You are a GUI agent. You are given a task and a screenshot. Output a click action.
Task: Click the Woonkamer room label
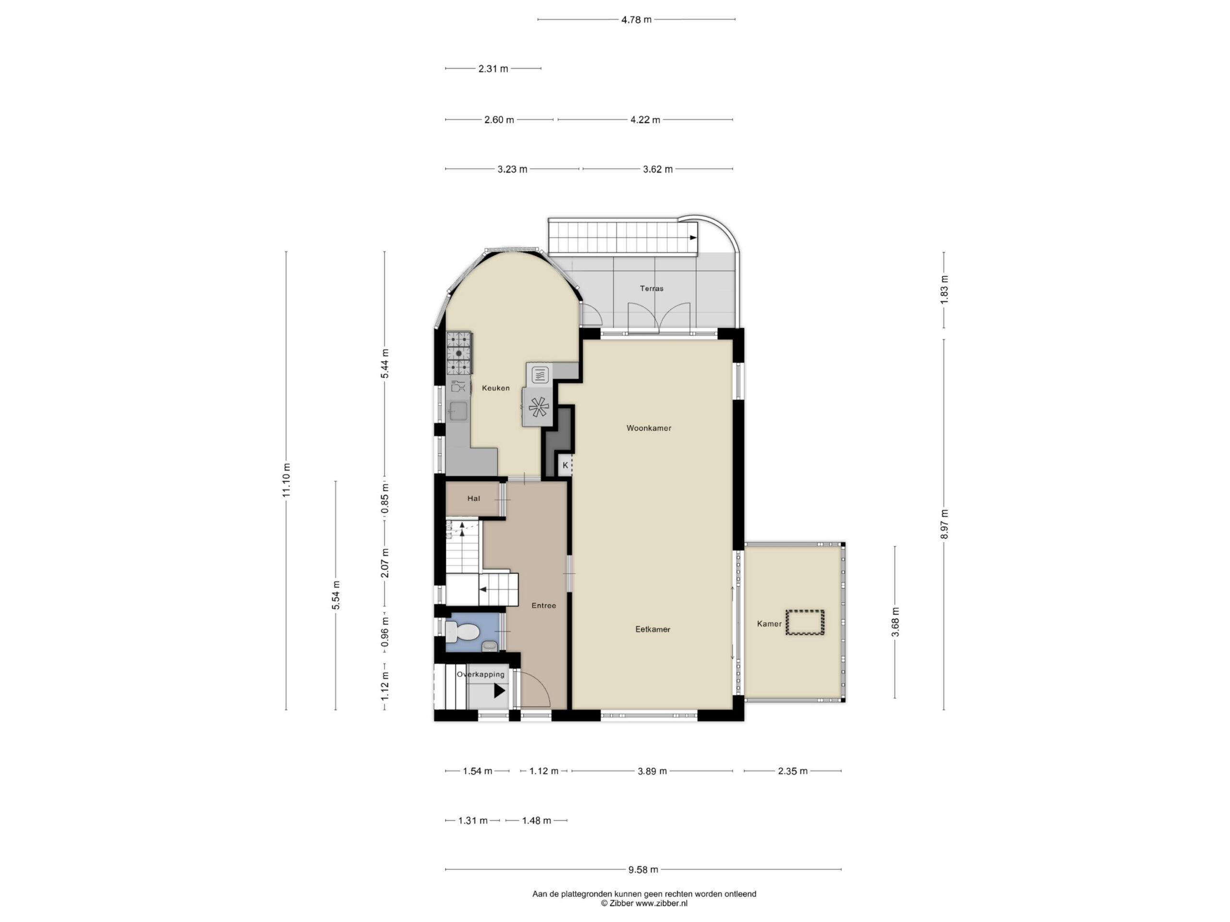coord(648,428)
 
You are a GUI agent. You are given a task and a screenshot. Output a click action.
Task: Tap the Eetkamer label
coord(652,629)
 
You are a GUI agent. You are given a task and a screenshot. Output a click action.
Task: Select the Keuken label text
coord(495,388)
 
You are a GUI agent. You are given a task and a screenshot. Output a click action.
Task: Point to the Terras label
coord(651,289)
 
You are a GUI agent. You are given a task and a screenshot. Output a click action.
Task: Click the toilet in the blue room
coord(463,632)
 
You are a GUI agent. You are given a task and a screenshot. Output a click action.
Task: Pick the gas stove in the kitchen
coord(459,353)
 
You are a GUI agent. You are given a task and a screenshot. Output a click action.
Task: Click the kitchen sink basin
coord(458,411)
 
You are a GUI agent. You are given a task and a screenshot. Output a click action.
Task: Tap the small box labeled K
coord(566,465)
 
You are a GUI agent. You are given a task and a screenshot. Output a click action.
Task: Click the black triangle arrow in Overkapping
coord(499,691)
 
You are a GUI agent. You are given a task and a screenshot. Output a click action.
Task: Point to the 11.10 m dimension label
coord(286,480)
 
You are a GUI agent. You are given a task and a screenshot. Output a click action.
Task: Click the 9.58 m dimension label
coord(643,869)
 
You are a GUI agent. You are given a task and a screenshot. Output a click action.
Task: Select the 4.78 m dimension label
coord(636,20)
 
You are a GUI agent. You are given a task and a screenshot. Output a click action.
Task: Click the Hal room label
coord(474,498)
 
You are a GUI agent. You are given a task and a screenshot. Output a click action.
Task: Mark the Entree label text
coord(543,605)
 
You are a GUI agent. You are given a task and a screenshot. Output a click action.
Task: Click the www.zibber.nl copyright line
coord(644,903)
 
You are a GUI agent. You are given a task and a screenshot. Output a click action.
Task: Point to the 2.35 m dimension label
coord(792,771)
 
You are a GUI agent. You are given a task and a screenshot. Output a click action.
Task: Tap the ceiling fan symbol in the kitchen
coord(538,407)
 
